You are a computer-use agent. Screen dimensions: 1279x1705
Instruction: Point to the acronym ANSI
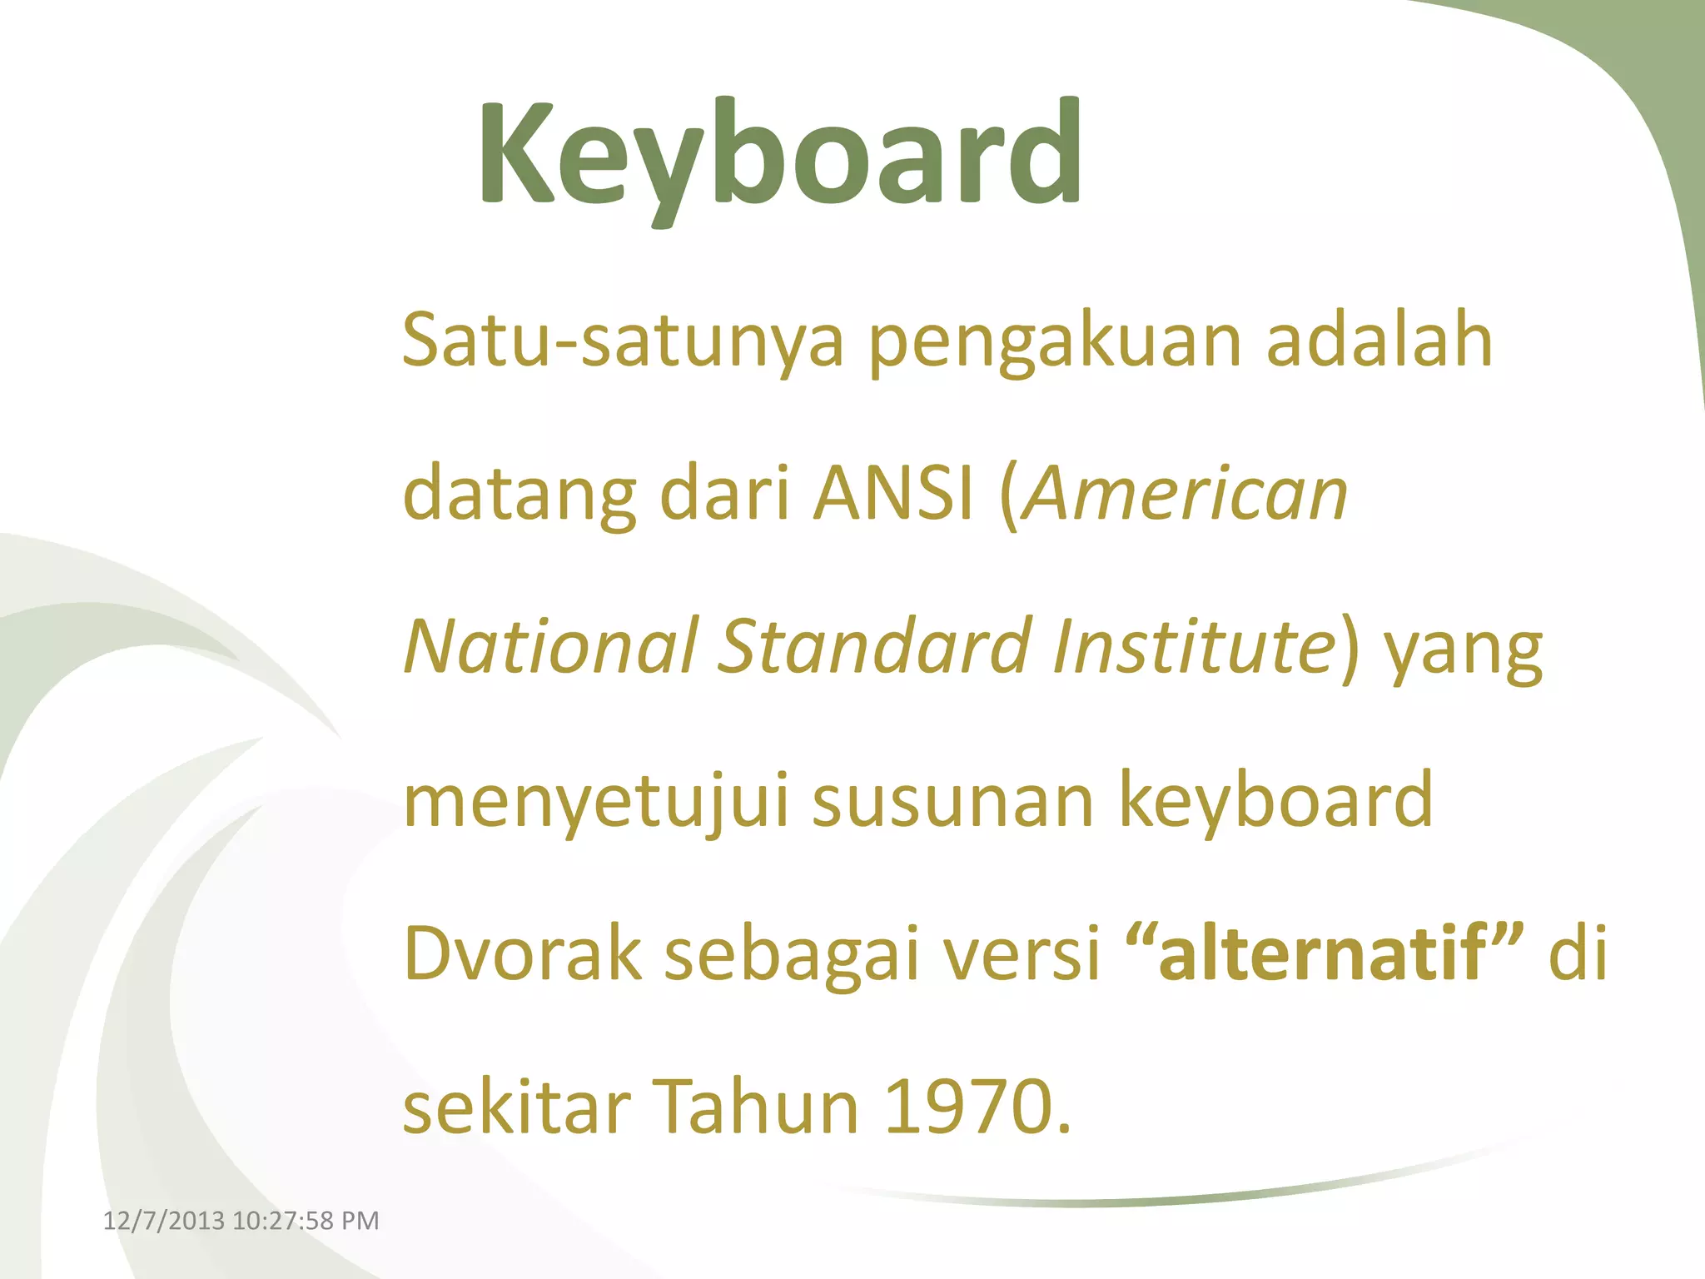pos(893,493)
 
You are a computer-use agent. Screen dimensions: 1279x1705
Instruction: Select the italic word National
pos(550,646)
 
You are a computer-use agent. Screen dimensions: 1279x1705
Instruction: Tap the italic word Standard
pos(875,646)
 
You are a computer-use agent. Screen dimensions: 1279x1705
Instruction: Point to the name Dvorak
pos(522,953)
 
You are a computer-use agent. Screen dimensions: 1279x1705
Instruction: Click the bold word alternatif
pos(1323,953)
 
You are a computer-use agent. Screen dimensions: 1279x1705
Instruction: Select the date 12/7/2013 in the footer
pos(164,1221)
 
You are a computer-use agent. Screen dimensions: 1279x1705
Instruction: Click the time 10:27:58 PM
pos(306,1221)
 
